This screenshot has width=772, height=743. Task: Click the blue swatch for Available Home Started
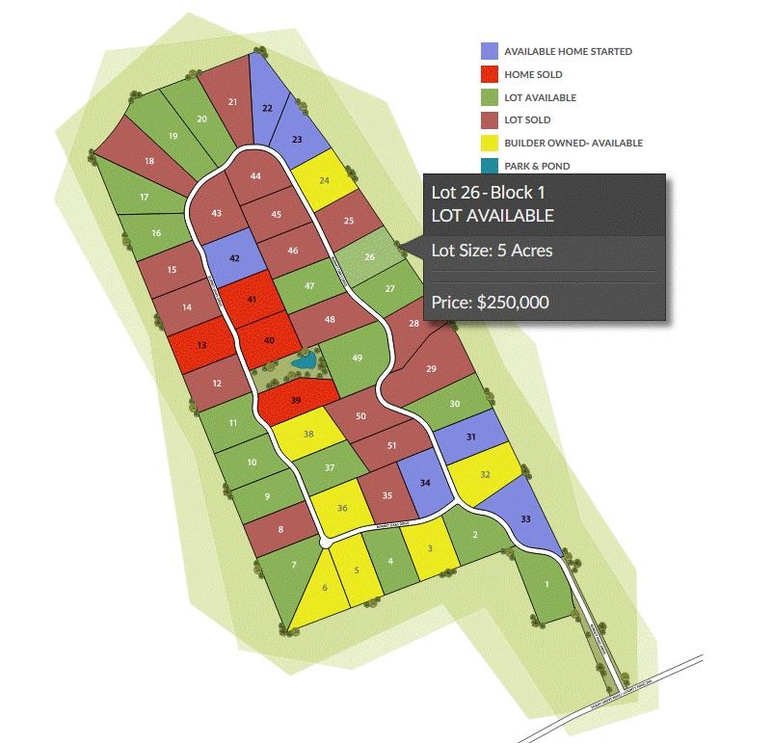click(x=490, y=51)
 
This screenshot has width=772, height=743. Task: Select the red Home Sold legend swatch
click(x=490, y=74)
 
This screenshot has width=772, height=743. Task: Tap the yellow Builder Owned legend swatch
click(x=490, y=143)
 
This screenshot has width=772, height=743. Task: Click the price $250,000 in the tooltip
click(x=491, y=302)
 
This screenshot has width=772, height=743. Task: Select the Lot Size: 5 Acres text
click(x=492, y=251)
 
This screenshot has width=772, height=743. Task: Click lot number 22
click(x=267, y=108)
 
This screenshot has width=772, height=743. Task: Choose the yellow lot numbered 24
click(x=323, y=180)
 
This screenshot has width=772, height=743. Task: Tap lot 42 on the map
click(x=234, y=259)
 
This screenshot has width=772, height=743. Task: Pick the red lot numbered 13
click(x=201, y=345)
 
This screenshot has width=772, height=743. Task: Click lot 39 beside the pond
click(x=296, y=400)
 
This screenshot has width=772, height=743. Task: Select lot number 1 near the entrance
click(x=546, y=584)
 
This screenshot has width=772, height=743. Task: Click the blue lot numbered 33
click(x=525, y=518)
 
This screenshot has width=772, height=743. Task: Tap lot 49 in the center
click(x=357, y=358)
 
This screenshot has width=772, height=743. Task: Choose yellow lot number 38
click(x=308, y=435)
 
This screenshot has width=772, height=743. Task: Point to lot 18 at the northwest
click(x=149, y=161)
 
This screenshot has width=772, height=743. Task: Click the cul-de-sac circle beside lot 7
click(x=325, y=544)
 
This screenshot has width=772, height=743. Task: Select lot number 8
click(x=280, y=529)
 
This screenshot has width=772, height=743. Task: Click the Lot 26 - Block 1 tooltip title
click(x=492, y=195)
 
